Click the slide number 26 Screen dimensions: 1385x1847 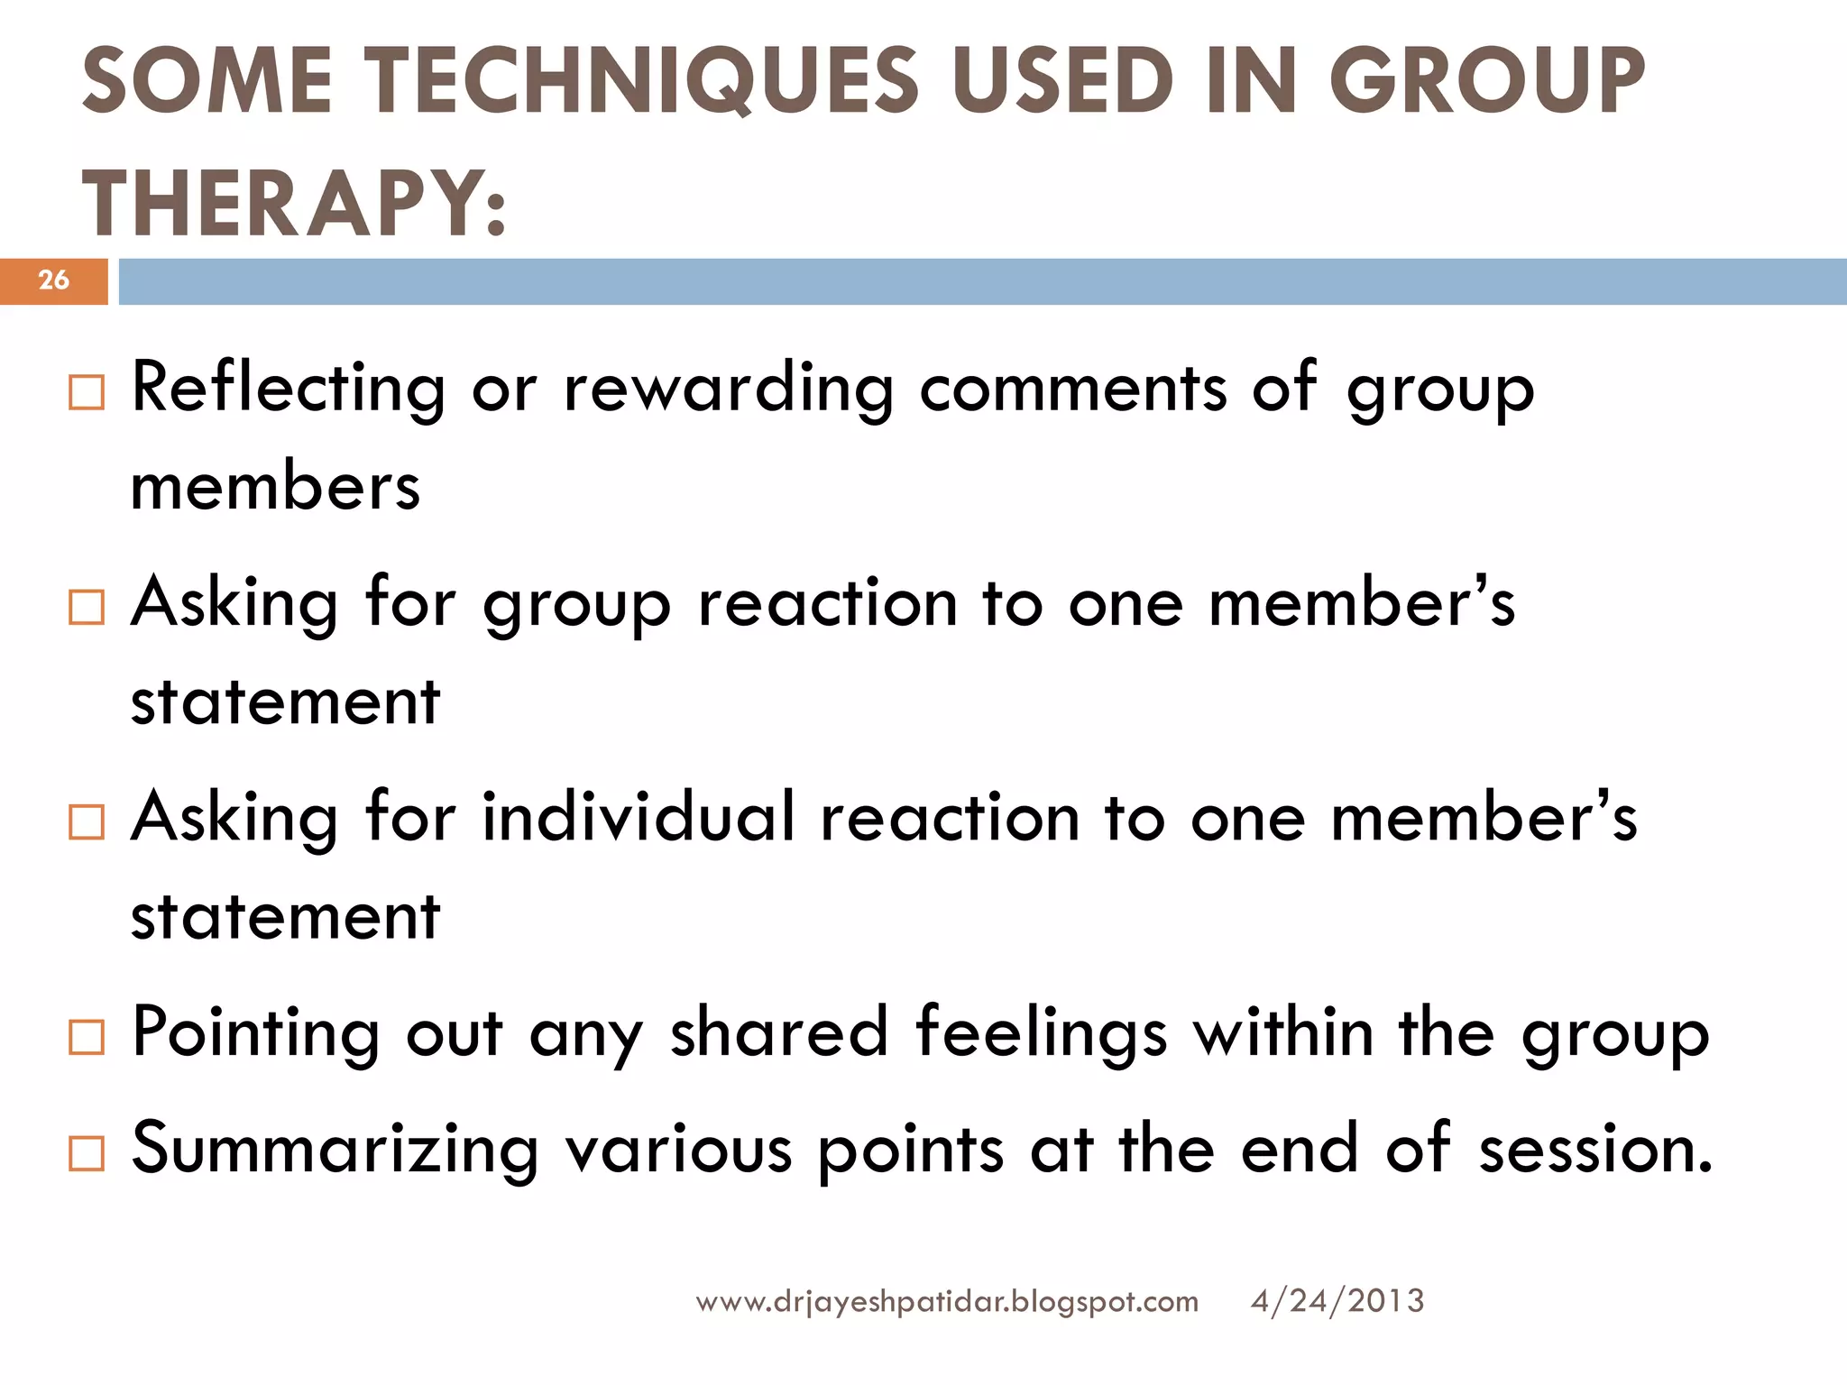pos(53,280)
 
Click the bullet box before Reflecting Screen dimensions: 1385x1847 pos(87,393)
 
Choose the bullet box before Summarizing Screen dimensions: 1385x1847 pos(87,1153)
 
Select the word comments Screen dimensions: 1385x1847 pos(1073,388)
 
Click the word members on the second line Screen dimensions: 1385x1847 pos(275,487)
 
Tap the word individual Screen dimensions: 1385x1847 pos(639,817)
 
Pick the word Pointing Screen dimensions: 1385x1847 pos(255,1033)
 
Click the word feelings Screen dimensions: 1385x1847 pos(1042,1033)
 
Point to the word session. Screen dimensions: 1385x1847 pos(1595,1150)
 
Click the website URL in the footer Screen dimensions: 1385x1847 pos(947,1302)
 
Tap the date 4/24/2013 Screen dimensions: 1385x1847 pos(1337,1301)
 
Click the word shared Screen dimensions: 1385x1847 pos(779,1032)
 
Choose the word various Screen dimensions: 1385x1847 pos(678,1150)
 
